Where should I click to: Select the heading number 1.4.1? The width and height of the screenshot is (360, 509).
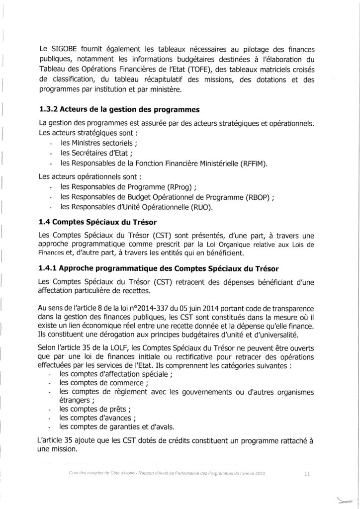tap(51, 268)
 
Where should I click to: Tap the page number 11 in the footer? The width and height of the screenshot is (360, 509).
tap(307, 475)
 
